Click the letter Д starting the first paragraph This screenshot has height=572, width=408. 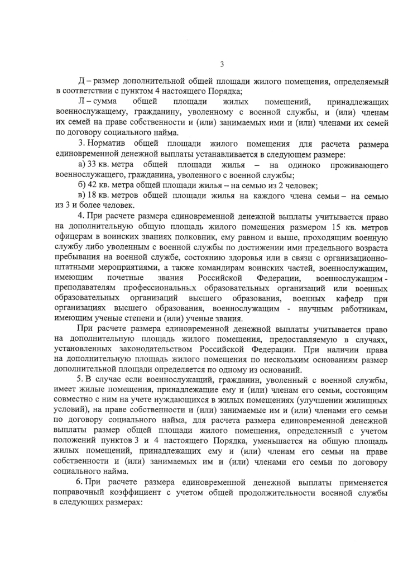(81, 82)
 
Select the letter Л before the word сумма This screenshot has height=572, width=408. (81, 102)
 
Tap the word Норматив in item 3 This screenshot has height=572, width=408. (109, 144)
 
